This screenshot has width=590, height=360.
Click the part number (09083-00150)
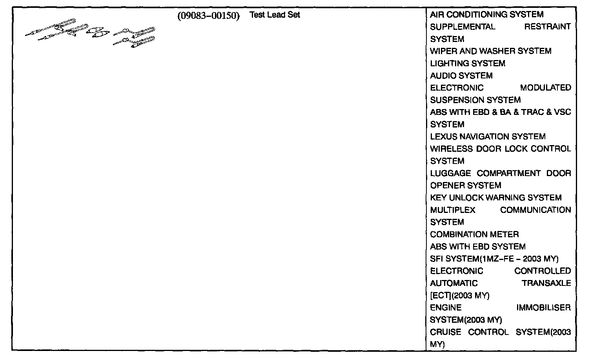tap(208, 16)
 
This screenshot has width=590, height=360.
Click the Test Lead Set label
tap(275, 15)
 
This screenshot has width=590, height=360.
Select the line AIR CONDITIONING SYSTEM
tap(486, 15)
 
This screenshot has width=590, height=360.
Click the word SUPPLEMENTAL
tap(463, 27)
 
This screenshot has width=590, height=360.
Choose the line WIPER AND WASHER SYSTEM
tap(490, 51)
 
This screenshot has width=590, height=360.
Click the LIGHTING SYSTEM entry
tap(468, 64)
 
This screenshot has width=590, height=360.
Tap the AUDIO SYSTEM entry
tap(461, 76)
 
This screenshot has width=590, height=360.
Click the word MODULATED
tap(545, 88)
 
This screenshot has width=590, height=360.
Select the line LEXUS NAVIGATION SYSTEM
tap(488, 136)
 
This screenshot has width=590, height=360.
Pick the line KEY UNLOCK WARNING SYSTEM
tap(495, 198)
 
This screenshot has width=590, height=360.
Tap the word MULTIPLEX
tap(453, 210)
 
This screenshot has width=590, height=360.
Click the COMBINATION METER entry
tap(474, 235)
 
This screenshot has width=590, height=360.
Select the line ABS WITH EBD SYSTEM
tap(477, 247)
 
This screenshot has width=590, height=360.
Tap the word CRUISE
tap(446, 332)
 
